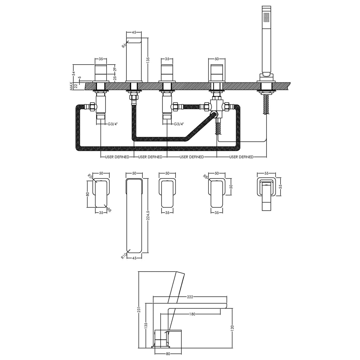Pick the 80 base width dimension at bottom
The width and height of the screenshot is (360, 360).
coord(168,353)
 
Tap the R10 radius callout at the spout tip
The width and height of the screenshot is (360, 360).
coord(124,256)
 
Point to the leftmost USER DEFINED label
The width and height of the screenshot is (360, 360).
coord(117,157)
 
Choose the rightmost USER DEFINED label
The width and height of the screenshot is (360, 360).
coord(241,157)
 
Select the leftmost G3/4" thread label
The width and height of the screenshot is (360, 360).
coord(112,124)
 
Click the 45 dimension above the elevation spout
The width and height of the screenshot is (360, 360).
coord(134,33)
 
